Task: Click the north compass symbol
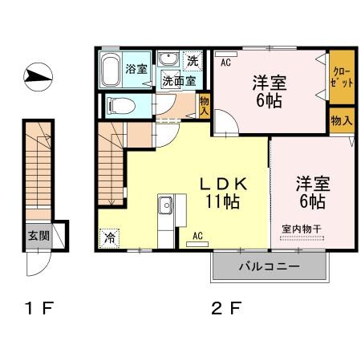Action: [37, 77]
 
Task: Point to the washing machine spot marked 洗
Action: [193, 60]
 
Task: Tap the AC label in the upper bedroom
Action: [225, 61]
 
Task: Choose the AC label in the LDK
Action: [197, 236]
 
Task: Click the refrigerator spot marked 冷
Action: [108, 237]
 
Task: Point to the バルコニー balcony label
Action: [270, 266]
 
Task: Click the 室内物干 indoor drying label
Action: [301, 229]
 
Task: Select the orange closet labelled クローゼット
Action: [341, 77]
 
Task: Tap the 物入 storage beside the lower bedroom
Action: [340, 121]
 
